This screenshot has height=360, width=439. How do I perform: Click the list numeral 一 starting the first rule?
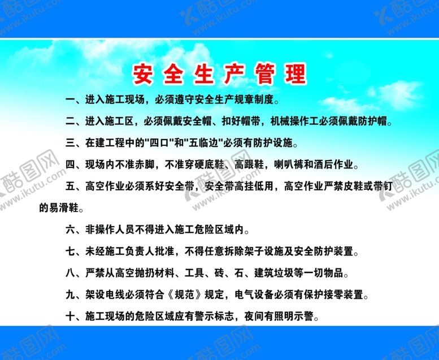pos(70,101)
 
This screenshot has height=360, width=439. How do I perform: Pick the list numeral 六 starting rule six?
pos(70,230)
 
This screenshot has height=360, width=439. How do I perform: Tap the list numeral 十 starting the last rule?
pos(70,316)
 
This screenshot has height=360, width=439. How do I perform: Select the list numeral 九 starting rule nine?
pos(70,295)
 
